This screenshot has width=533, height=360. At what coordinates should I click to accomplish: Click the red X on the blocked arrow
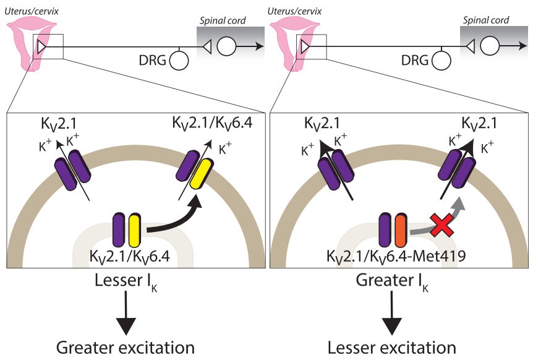[x=442, y=225]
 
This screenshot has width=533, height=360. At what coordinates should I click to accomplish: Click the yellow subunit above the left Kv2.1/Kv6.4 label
[x=135, y=231]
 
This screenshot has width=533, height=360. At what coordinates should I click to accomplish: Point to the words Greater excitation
[x=126, y=348]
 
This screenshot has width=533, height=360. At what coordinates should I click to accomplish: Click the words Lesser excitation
[x=391, y=348]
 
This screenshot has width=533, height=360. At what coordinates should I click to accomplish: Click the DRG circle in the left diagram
[x=179, y=61]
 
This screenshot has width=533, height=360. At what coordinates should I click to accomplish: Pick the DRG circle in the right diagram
[x=441, y=61]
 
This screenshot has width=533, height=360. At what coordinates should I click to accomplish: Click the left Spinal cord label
[x=223, y=21]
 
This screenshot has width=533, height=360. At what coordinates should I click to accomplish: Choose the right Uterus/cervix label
[x=294, y=11]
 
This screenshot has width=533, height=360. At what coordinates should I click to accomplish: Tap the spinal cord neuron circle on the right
[x=490, y=46]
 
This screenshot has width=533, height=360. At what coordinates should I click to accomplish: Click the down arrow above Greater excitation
[x=126, y=314]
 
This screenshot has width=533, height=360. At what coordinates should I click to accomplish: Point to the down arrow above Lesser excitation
[x=391, y=314]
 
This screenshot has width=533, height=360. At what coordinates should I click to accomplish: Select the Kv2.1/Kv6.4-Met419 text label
[x=396, y=256]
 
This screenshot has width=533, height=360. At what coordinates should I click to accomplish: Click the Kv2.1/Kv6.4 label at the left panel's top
[x=213, y=123]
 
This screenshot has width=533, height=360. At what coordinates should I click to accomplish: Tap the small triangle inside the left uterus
[x=41, y=46]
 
